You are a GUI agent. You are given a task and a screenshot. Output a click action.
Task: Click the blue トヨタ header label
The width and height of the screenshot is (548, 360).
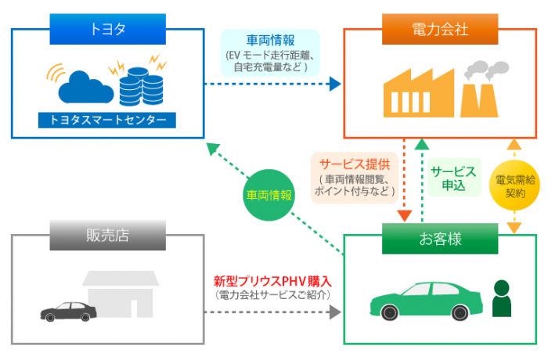[x=108, y=30]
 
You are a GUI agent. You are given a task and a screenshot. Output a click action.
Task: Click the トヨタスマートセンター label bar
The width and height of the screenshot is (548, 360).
[x=108, y=121]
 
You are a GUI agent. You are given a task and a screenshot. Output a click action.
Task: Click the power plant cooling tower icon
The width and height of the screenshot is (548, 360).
[x=480, y=90]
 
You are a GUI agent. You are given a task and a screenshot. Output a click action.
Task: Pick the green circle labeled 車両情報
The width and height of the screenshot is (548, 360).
[x=269, y=196]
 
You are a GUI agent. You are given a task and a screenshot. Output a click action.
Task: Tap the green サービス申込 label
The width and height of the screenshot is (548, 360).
[x=453, y=178]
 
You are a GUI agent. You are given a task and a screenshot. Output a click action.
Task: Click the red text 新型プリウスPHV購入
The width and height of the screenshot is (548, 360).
[x=273, y=280]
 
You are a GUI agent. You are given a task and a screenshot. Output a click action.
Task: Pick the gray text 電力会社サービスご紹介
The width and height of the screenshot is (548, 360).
[x=273, y=293]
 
